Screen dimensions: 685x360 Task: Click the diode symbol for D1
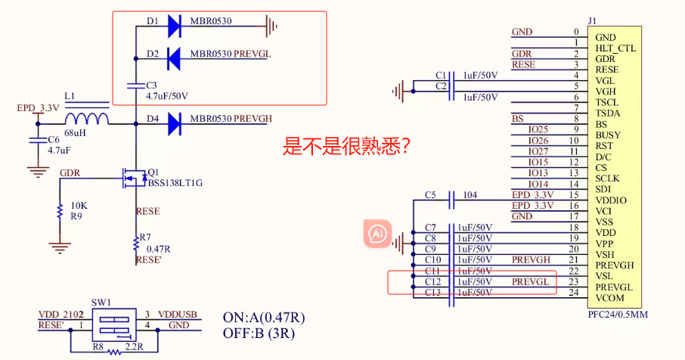point(175,26)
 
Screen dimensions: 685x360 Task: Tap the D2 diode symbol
point(175,58)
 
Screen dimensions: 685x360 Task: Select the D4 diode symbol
point(175,124)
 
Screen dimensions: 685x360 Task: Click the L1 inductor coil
point(87,119)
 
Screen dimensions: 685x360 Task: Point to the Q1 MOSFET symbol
point(135,178)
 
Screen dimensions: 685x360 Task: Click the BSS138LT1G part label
point(175,183)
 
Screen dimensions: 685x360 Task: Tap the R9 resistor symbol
point(60,212)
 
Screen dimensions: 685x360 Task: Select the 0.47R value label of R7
point(158,249)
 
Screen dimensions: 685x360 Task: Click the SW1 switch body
point(114,324)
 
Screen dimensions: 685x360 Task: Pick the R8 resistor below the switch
point(114,352)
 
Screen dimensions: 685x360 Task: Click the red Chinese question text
point(346,147)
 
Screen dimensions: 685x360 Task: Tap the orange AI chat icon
point(377,234)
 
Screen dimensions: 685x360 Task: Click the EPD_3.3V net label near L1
point(38,108)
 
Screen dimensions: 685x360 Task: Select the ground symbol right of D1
point(271,26)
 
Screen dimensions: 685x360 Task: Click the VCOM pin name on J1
point(610,298)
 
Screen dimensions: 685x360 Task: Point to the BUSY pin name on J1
point(608,135)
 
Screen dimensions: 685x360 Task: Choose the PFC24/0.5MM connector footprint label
point(618,315)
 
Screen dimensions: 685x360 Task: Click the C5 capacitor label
point(430,195)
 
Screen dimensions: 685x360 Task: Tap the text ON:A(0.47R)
point(264,318)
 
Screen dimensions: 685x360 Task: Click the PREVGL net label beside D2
point(252,54)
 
